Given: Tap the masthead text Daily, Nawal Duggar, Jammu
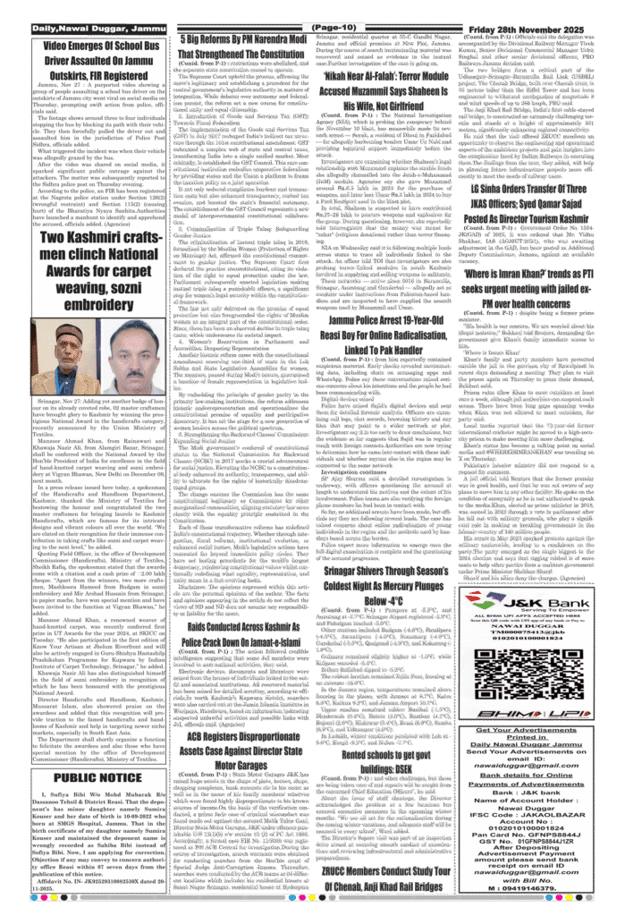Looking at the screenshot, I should [93, 30].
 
